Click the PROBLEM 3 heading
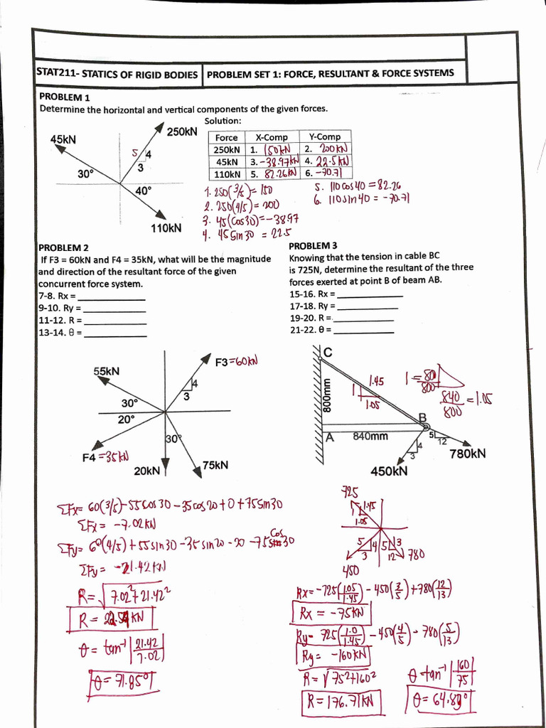314,245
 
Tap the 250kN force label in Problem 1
181,132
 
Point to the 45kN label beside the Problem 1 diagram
64,139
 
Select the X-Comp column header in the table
272,137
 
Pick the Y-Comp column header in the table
325,136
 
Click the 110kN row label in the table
227,173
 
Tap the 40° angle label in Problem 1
144,190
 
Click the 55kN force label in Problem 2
107,371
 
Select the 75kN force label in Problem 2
215,465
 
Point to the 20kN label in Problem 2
146,471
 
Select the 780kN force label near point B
468,453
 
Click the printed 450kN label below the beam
389,470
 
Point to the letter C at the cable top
328,353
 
